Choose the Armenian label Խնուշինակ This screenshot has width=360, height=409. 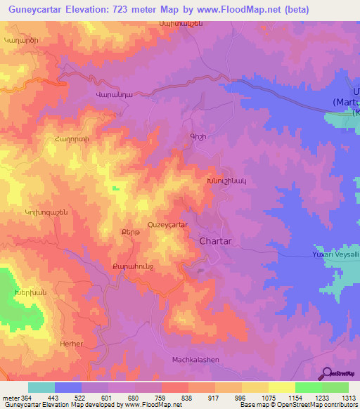pyautogui.click(x=226, y=180)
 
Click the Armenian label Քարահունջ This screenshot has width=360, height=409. pyautogui.click(x=132, y=266)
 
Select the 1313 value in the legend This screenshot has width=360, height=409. pyautogui.click(x=349, y=398)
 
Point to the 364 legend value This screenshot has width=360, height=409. pyautogui.click(x=27, y=398)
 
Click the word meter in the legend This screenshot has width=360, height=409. pyautogui.click(x=10, y=398)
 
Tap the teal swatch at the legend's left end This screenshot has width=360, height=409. pyautogui.click(x=41, y=387)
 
